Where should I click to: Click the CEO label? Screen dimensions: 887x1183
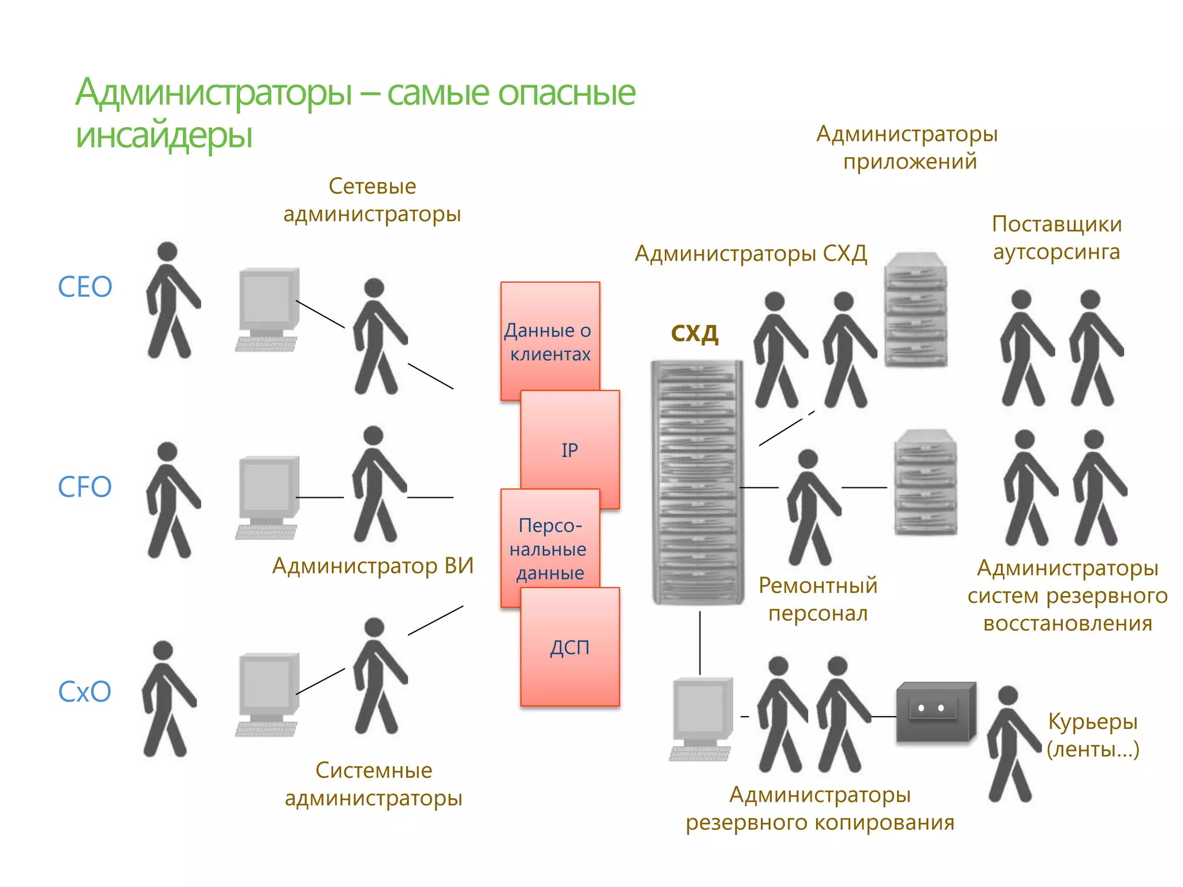click(85, 287)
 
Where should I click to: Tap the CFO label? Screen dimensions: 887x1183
click(85, 487)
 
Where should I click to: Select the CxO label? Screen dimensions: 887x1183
click(84, 691)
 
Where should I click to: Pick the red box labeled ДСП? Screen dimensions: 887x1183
click(570, 648)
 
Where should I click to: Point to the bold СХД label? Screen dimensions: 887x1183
click(694, 334)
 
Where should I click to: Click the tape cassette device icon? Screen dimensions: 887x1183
click(936, 711)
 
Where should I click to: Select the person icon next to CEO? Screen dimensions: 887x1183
click(171, 300)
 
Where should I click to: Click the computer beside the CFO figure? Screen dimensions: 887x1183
click(267, 497)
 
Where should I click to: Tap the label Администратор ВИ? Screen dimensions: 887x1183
click(373, 566)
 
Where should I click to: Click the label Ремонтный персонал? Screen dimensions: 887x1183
click(817, 599)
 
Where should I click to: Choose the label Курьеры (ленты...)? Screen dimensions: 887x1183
click(1092, 735)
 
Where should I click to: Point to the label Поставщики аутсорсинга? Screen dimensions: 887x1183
click(1056, 237)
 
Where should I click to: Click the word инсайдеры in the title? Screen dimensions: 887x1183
click(164, 136)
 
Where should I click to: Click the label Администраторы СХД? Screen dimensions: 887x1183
click(750, 254)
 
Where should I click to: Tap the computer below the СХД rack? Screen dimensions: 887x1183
click(701, 719)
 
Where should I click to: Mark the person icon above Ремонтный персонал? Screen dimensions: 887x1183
click(812, 507)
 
